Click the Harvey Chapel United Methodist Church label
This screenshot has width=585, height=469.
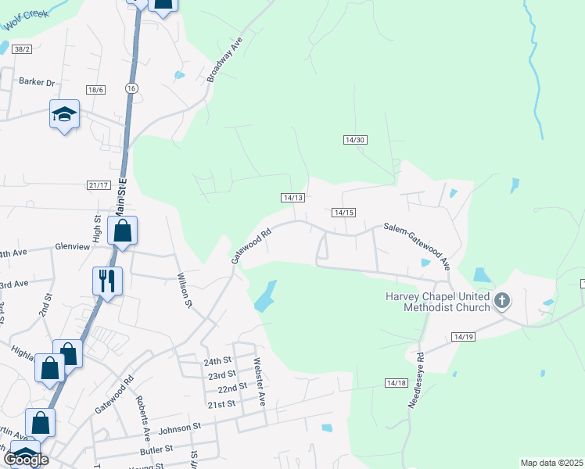(437, 302)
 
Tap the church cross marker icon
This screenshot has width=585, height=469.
(502, 300)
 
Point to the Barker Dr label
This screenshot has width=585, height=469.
(38, 82)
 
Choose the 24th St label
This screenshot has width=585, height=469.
(218, 362)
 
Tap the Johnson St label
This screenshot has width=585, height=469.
(180, 428)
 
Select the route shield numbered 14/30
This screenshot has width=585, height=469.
(355, 140)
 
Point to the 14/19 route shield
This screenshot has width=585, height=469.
(463, 337)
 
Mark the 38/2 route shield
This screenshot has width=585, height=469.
(22, 49)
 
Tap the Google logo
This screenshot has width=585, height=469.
(25, 460)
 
